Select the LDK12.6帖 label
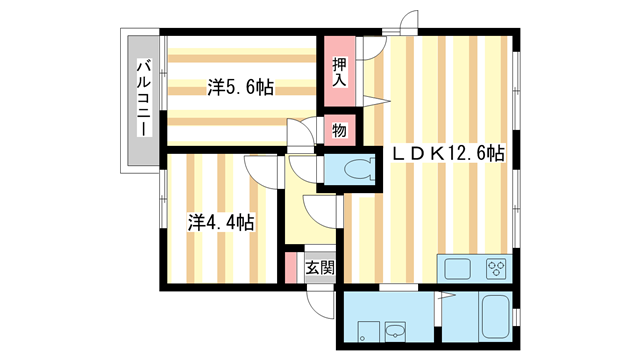[x=447, y=154]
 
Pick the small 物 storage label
[x=339, y=130]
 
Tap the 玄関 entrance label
[x=320, y=268]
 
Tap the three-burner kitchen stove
[x=497, y=268]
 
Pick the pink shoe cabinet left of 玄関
[x=291, y=269]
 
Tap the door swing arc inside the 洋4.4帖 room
[x=260, y=170]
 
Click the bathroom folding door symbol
[x=446, y=300]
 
